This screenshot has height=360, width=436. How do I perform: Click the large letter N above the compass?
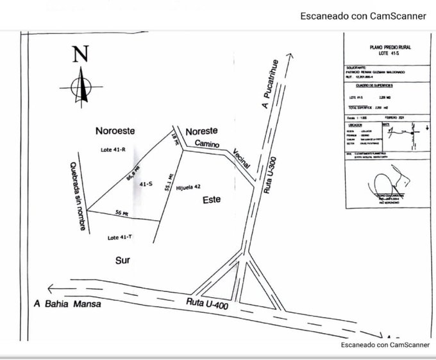(80, 54)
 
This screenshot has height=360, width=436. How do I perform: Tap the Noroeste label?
(115, 131)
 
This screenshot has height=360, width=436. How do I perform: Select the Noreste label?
(201, 132)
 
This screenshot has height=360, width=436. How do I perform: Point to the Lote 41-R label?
(113, 150)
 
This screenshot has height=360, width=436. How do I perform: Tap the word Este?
(212, 200)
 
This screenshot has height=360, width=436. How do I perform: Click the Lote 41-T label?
(121, 237)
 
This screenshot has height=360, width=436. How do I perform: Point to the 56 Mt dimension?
(122, 212)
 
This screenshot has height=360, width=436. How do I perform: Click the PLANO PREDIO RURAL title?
(383, 47)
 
